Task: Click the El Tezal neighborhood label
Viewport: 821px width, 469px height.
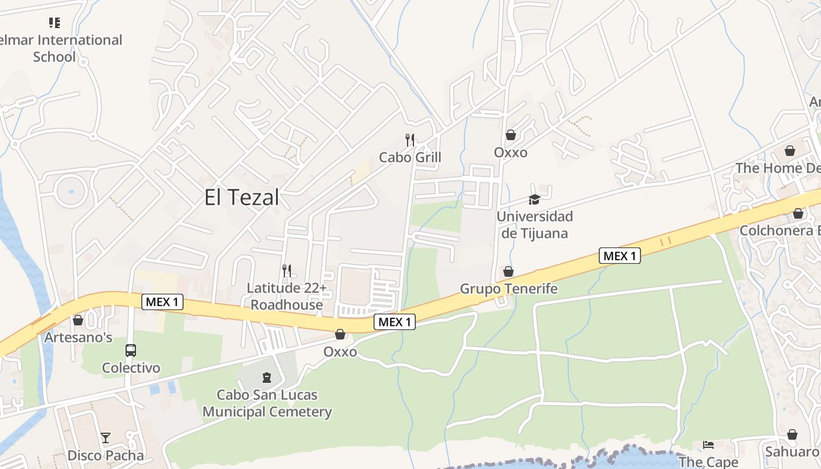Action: coord(242,198)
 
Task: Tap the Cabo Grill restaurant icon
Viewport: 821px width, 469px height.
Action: coord(410,140)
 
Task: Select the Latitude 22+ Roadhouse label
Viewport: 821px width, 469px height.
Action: coord(287,297)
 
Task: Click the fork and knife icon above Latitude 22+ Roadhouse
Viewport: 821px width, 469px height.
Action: coord(287,271)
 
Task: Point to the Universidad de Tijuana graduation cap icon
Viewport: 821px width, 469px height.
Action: coord(534,200)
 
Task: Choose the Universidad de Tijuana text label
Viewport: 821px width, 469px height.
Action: coord(534,225)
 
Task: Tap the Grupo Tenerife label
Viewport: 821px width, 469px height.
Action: coord(508,289)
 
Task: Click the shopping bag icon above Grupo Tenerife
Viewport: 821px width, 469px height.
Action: coord(508,271)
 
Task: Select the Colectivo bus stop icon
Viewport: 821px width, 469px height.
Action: coord(131,351)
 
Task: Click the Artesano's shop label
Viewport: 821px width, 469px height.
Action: coord(78,338)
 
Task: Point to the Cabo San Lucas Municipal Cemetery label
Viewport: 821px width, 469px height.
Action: coord(267,403)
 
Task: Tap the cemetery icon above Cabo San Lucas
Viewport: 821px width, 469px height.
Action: coord(267,377)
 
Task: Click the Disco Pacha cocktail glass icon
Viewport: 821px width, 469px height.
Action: coord(106,438)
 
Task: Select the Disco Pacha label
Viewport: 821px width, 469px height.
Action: coord(106,456)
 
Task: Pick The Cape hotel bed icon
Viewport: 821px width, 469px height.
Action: coord(708,444)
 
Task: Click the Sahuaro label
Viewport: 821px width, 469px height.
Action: coord(792,452)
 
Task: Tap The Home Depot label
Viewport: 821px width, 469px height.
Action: coord(777,168)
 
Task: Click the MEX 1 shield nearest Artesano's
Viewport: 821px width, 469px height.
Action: coord(162,303)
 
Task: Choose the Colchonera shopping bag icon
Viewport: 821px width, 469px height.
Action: coord(798,213)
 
